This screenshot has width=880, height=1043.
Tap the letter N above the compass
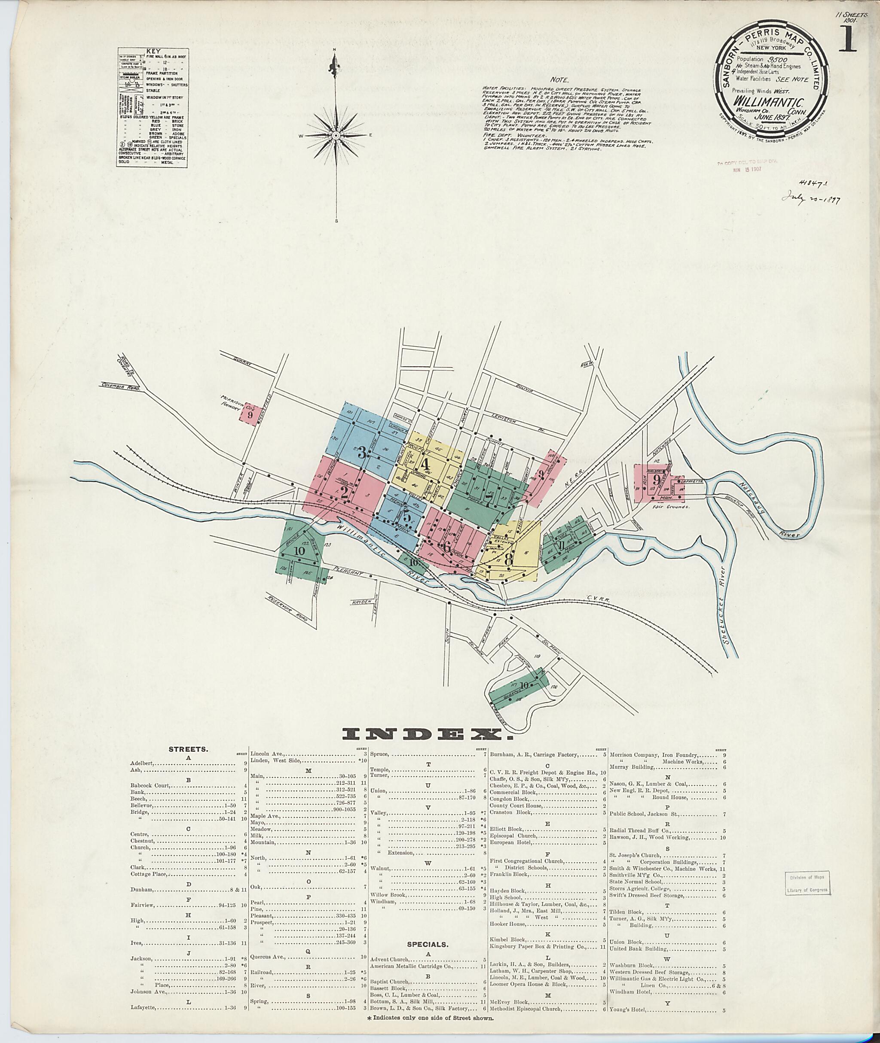[x=336, y=49]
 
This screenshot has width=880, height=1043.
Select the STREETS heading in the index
[x=189, y=749]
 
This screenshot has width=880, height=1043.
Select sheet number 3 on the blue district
[x=361, y=453]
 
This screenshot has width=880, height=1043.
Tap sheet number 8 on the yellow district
[x=508, y=560]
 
